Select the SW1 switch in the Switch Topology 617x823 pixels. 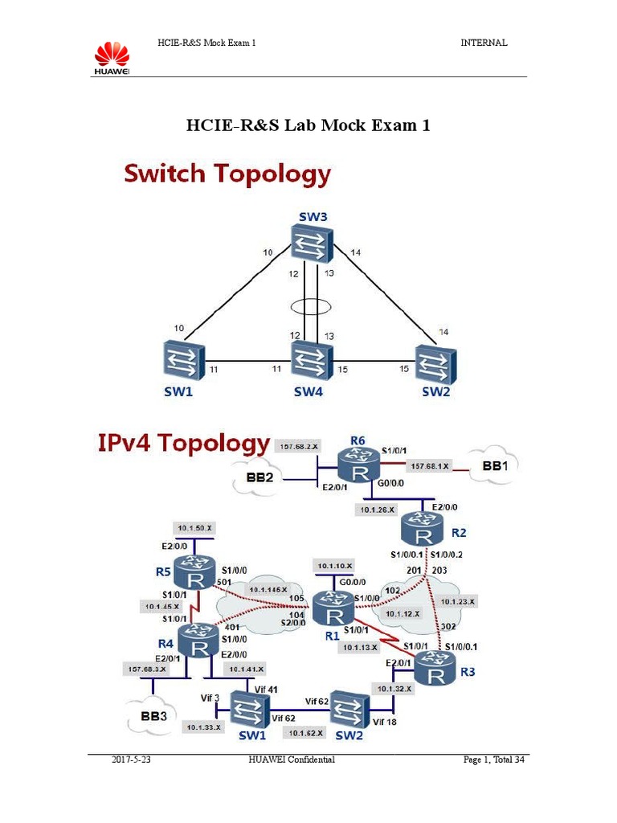[182, 360]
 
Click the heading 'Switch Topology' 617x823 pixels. [227, 174]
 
